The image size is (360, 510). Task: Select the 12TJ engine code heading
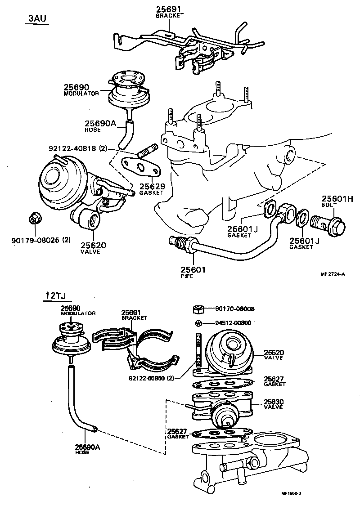point(55,295)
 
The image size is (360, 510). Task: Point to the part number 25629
point(151,186)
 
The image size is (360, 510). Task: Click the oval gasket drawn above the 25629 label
point(141,168)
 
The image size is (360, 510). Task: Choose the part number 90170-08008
point(234,309)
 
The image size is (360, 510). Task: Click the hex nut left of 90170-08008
point(198,309)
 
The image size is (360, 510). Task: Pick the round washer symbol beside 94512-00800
point(198,323)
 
